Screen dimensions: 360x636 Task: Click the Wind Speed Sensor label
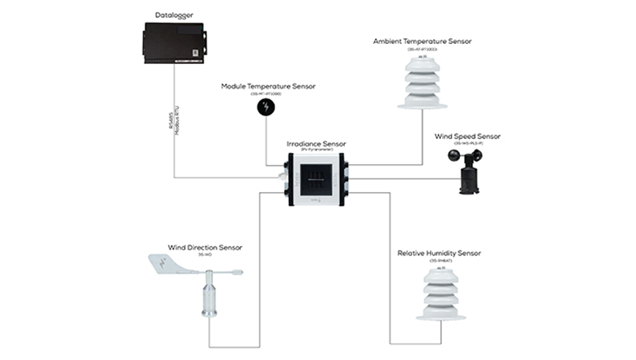pos(467,137)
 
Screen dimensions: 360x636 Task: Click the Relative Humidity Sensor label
pos(439,254)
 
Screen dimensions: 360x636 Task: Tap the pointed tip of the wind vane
pos(239,274)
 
